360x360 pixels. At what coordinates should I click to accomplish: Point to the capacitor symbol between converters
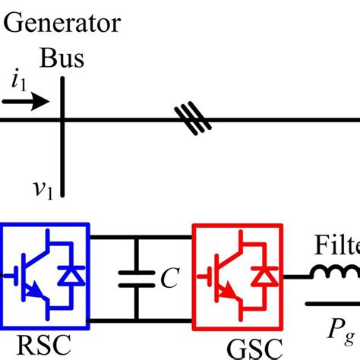pyautogui.click(x=137, y=280)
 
